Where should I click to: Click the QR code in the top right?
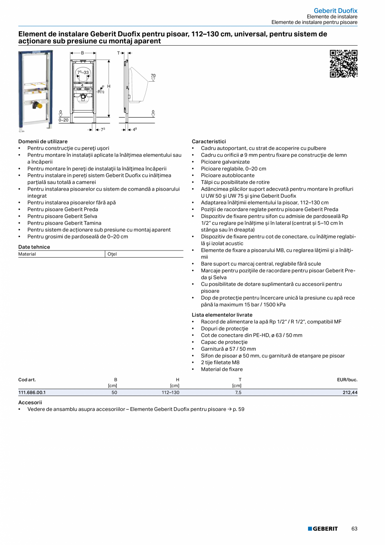tap(344, 64)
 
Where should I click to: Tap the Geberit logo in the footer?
tap(323, 529)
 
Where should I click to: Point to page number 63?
tap(354, 529)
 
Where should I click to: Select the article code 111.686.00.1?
tap(32, 393)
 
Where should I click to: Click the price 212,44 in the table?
tap(349, 393)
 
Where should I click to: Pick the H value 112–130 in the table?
tap(170, 393)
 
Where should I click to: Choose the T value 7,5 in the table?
tap(238, 393)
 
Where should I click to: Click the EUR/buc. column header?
tap(347, 380)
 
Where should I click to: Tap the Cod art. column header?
tap(27, 380)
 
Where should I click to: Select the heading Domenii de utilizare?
tap(43, 142)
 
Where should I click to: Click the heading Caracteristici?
tap(209, 142)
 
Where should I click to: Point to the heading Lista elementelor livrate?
tap(222, 315)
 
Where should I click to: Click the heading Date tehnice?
tap(34, 247)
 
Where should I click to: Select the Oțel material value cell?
tap(112, 254)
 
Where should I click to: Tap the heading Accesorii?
tap(30, 402)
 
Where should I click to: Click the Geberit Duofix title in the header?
tap(336, 10)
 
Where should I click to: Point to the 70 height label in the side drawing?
tap(153, 75)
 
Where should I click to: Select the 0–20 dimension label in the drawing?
tap(63, 120)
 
